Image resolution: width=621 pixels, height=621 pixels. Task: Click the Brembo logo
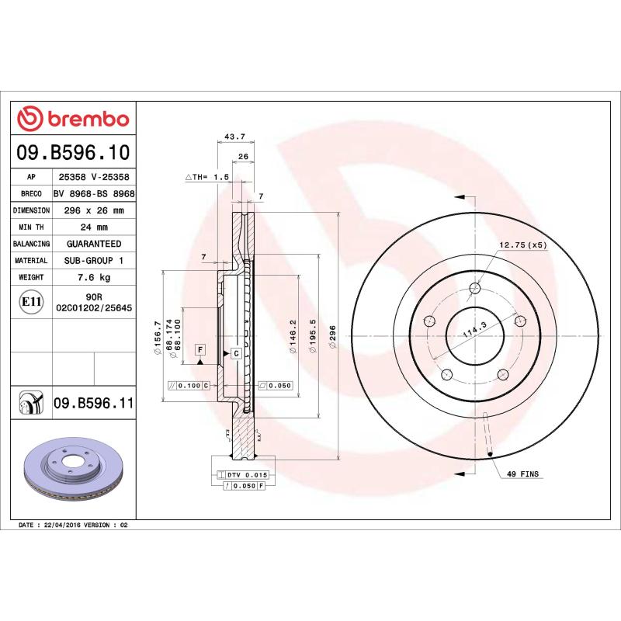pyautogui.click(x=73, y=119)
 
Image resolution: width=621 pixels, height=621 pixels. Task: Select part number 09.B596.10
pyautogui.click(x=73, y=152)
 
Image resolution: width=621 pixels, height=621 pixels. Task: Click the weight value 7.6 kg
pyautogui.click(x=94, y=277)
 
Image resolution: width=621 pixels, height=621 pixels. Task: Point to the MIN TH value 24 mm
pyautogui.click(x=94, y=227)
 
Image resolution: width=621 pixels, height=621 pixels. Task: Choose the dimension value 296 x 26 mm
pyautogui.click(x=94, y=210)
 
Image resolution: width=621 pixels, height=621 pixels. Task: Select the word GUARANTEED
pyautogui.click(x=94, y=244)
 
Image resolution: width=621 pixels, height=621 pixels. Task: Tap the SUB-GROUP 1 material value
pyautogui.click(x=94, y=261)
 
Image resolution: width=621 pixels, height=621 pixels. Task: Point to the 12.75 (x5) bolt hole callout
pyautogui.click(x=522, y=245)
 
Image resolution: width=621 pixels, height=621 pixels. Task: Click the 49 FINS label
pyautogui.click(x=522, y=473)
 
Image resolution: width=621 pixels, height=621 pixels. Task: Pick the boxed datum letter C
pyautogui.click(x=235, y=353)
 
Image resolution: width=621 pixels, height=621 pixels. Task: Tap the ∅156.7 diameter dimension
pyautogui.click(x=158, y=338)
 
